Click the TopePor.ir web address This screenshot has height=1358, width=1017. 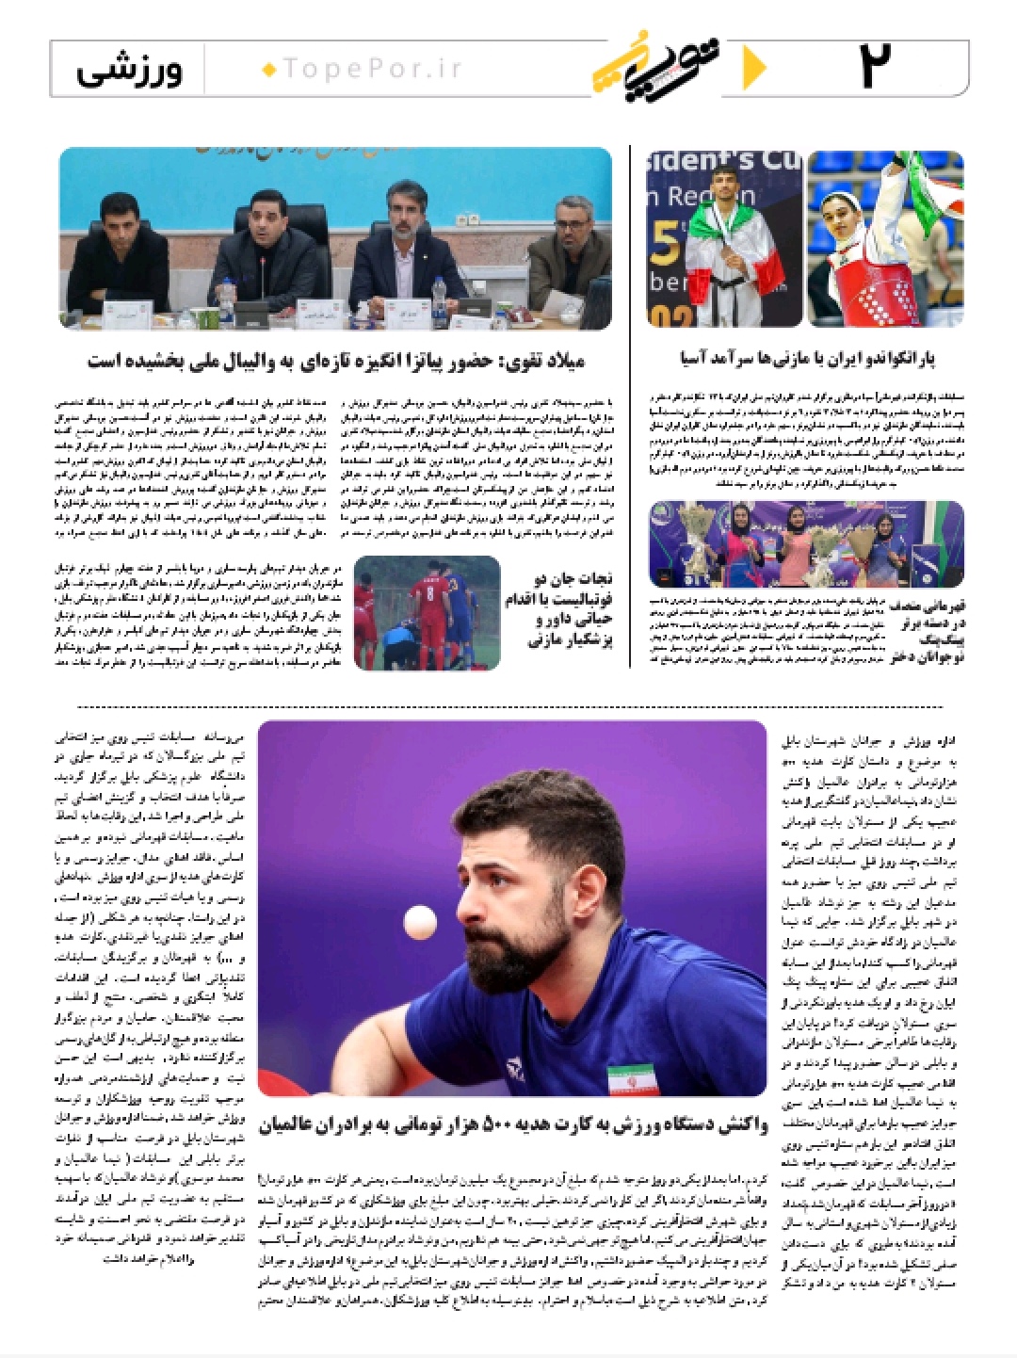[x=363, y=69]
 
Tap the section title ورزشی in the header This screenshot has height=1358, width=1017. [x=129, y=70]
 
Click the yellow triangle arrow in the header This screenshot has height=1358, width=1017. [x=753, y=68]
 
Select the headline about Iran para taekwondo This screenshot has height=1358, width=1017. [x=807, y=358]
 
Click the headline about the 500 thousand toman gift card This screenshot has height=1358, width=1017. [x=513, y=1124]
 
